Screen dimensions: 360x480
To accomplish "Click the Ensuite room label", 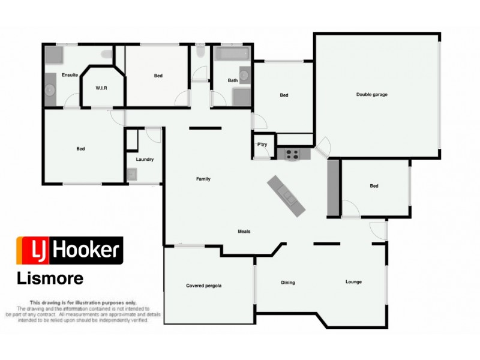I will tap(70, 75).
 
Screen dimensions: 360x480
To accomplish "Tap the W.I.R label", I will tap(101, 88).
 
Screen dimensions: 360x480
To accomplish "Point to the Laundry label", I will tap(145, 160).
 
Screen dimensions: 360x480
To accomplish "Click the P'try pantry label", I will tap(262, 145).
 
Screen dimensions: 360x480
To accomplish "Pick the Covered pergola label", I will tap(204, 286).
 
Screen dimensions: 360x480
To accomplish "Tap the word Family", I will tap(203, 179).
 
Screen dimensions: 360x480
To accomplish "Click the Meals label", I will tap(244, 232).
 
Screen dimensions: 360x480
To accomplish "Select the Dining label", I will tap(288, 282).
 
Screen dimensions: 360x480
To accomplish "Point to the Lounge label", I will tap(353, 282).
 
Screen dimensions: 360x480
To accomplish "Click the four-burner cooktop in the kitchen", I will tap(292, 154).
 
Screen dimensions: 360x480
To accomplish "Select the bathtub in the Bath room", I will tap(231, 55).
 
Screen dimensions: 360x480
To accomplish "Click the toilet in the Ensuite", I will tap(107, 55).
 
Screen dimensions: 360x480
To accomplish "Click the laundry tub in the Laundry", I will tap(131, 175).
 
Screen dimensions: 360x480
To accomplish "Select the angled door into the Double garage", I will tap(323, 146).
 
